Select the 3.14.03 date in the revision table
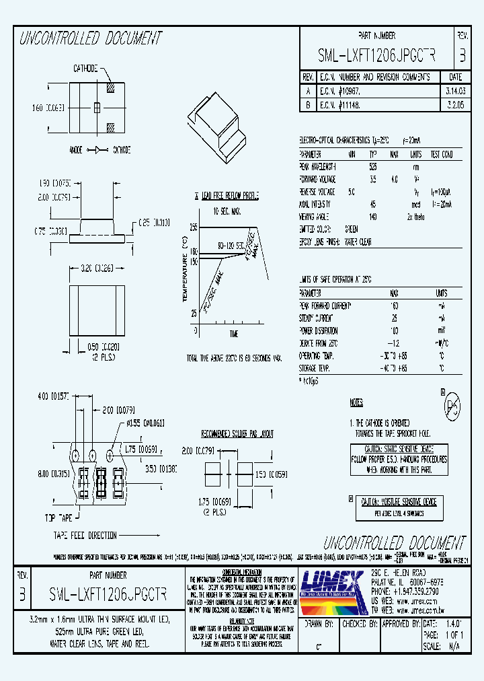pyautogui.click(x=454, y=89)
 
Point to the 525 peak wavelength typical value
pyautogui.click(x=373, y=166)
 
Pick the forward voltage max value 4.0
pyautogui.click(x=394, y=180)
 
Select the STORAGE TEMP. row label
pyautogui.click(x=314, y=369)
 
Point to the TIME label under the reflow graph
pyautogui.click(x=233, y=334)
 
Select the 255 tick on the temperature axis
pyautogui.click(x=193, y=228)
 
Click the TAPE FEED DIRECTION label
pyautogui.click(x=85, y=536)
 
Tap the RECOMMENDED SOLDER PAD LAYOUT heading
pyautogui.click(x=237, y=434)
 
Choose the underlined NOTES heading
pyautogui.click(x=356, y=403)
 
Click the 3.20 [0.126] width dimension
pyautogui.click(x=97, y=267)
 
